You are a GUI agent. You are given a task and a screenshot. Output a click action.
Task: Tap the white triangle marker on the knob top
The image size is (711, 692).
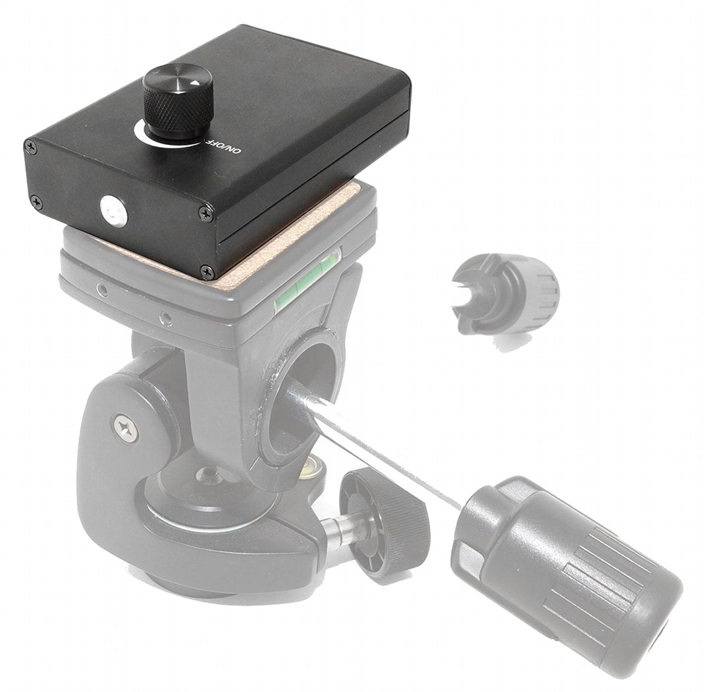tap(194, 83)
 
